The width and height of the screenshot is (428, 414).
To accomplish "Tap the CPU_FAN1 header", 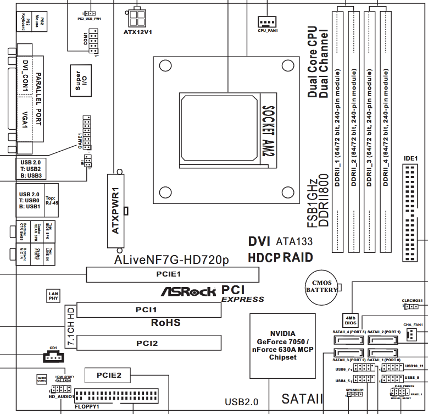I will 268,21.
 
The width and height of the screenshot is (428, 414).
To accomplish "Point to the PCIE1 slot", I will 173,274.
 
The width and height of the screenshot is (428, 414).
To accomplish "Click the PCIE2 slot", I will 107,376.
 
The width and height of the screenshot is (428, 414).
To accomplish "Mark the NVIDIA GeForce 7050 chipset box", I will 283,346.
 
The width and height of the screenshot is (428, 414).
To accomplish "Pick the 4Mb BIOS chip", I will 350,321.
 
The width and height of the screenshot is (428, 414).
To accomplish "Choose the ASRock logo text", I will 187,291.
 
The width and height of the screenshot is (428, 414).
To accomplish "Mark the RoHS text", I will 165,323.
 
